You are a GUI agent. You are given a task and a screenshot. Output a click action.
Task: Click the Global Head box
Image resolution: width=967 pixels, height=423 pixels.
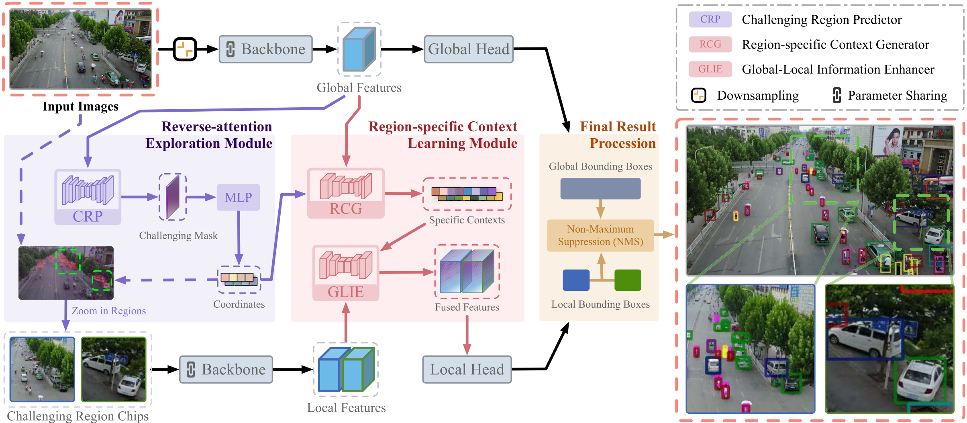[x=468, y=49]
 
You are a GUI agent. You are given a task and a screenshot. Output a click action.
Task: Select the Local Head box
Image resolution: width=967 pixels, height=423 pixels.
[x=467, y=369]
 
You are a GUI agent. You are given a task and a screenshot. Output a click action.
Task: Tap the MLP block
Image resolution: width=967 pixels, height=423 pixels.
[x=238, y=197]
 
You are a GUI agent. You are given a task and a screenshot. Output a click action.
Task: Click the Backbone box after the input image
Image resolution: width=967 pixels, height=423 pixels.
[x=265, y=49]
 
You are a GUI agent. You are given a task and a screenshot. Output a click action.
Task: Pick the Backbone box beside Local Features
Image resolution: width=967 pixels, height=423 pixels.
[x=226, y=369]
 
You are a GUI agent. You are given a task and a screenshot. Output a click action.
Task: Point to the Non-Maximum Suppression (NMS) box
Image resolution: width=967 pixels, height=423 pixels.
[x=600, y=235]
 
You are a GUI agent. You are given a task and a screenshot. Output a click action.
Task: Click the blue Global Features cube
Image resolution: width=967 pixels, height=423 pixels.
[x=359, y=49]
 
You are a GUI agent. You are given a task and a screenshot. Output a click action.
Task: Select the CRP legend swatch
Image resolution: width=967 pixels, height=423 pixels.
[x=710, y=19]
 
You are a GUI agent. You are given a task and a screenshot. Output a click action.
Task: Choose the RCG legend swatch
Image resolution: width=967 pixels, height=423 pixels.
[x=710, y=44]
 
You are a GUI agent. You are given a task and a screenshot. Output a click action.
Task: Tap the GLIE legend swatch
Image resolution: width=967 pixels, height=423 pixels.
[x=710, y=69]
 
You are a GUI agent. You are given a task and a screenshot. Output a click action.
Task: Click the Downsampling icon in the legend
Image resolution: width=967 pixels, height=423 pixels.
[x=699, y=95]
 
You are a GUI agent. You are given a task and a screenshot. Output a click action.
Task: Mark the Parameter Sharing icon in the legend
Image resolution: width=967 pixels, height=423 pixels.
[x=837, y=95]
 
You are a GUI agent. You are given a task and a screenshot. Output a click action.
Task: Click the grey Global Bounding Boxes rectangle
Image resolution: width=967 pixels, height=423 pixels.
[x=600, y=189]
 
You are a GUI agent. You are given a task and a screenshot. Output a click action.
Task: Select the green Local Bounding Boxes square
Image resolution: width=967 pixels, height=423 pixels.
[x=628, y=280]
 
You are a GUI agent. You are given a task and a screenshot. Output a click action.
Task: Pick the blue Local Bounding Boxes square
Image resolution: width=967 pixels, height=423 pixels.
[x=576, y=280]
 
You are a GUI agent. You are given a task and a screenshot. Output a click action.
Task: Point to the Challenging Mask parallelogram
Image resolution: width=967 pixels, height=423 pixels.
[x=173, y=197]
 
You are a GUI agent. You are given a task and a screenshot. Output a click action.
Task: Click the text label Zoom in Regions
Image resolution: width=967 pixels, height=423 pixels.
[x=108, y=311]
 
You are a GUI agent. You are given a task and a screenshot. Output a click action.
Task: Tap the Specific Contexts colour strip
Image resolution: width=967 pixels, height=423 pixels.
[x=467, y=194]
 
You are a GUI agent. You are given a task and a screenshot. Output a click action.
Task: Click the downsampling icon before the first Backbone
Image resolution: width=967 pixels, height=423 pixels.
[x=185, y=49]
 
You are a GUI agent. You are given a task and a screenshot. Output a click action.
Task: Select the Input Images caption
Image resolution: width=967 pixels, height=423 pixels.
[x=80, y=106]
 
